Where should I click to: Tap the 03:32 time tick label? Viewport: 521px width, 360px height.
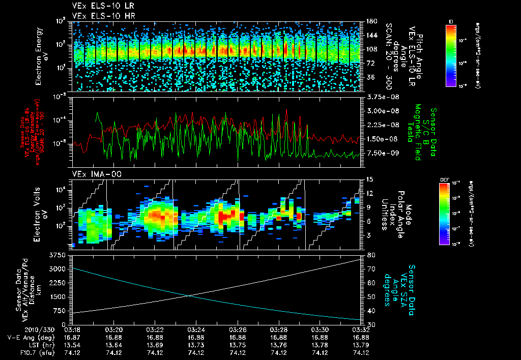[361, 329]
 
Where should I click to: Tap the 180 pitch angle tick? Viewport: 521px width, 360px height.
[371, 21]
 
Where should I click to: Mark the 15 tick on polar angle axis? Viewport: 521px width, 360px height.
[369, 179]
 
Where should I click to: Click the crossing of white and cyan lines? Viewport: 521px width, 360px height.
[190, 295]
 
